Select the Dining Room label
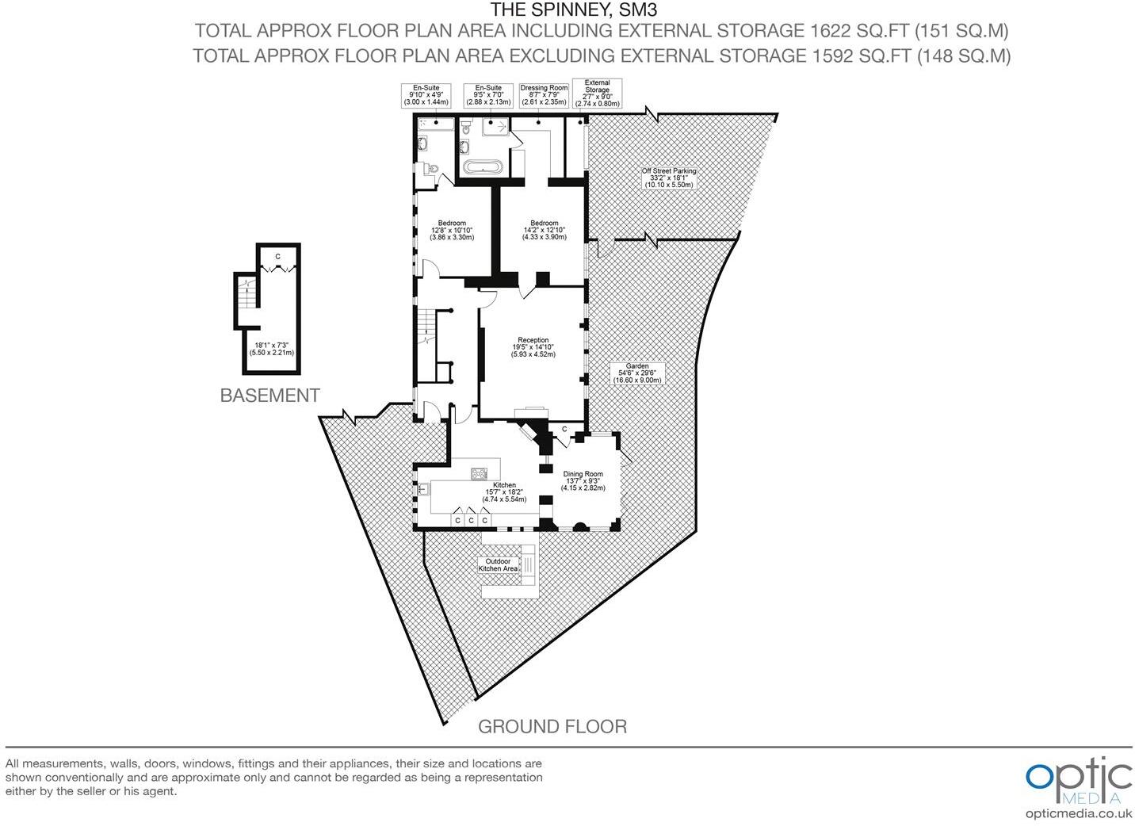[583, 480]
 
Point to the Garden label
[636, 373]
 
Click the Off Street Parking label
[668, 178]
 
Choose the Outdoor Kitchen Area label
[498, 564]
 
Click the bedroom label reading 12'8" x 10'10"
[452, 230]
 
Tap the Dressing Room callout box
[544, 95]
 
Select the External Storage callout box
[597, 93]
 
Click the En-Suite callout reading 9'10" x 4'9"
[426, 95]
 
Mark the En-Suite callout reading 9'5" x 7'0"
[487, 95]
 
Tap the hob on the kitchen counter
[479, 473]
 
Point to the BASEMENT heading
[269, 396]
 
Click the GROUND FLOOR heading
[552, 726]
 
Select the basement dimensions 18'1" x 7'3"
[271, 349]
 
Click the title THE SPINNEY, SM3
[574, 10]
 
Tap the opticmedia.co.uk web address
[1078, 813]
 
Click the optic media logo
[1078, 780]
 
